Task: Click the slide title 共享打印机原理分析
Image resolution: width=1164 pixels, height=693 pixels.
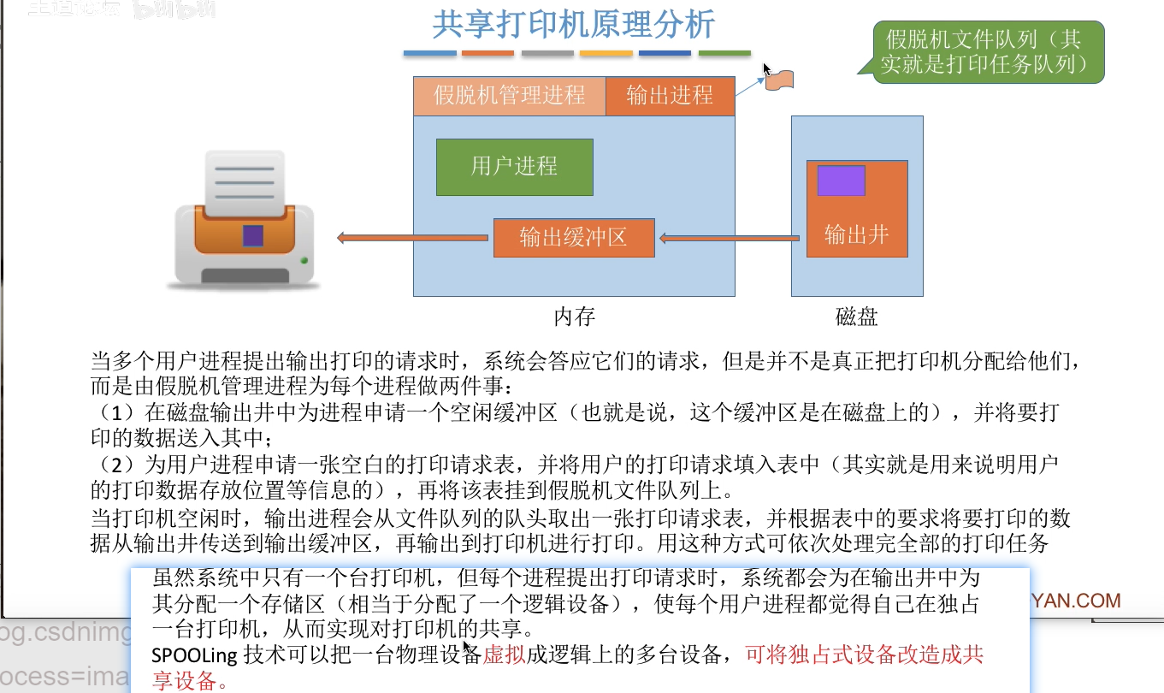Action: [573, 25]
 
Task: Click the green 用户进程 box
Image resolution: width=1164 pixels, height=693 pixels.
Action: [514, 166]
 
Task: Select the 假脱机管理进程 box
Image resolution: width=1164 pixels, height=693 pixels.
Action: [509, 95]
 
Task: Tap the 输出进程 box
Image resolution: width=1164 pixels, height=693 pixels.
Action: [670, 95]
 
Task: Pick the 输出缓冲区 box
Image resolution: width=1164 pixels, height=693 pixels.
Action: [573, 237]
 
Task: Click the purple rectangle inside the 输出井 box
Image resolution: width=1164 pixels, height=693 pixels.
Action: [841, 181]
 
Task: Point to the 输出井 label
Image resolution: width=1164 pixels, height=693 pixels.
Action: [856, 234]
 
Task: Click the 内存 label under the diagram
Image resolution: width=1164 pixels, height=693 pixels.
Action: [574, 317]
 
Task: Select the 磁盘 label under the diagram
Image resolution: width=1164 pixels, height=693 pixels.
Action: [856, 317]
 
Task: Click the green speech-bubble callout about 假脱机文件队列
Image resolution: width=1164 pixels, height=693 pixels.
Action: [988, 51]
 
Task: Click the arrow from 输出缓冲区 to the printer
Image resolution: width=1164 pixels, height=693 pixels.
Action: [414, 238]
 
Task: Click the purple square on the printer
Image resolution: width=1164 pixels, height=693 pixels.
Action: [252, 235]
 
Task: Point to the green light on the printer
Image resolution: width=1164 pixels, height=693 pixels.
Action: [304, 260]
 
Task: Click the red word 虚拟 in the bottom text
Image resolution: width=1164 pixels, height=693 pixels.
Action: [503, 656]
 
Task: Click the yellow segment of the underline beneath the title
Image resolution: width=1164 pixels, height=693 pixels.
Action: [606, 54]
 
